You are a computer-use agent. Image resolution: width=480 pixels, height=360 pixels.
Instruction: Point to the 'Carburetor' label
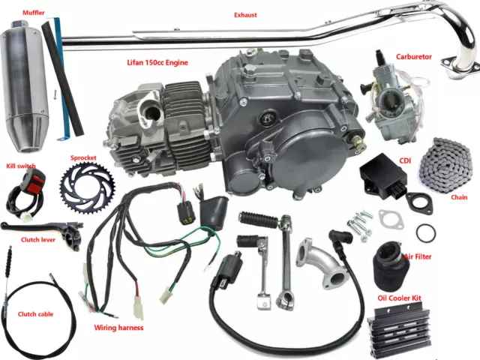click(413, 57)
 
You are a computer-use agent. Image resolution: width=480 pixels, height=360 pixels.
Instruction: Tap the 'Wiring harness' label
click(118, 328)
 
